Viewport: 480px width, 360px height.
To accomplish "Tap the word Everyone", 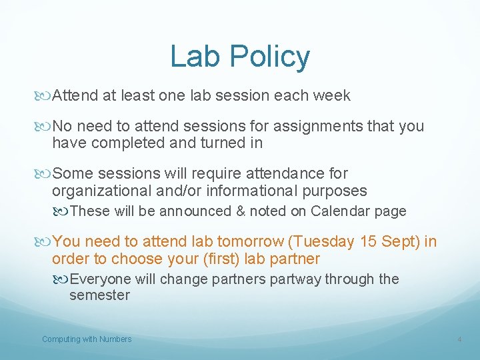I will pos(100,279).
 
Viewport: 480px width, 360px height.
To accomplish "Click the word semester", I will pos(99,295).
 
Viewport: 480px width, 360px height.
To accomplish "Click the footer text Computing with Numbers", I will pos(87,339).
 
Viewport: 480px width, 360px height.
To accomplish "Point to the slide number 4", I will pos(459,340).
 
